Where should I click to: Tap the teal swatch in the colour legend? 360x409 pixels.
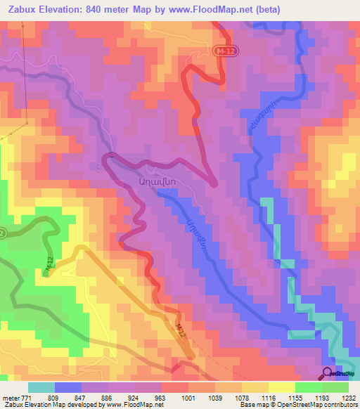(x=41, y=387)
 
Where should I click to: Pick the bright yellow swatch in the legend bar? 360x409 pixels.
(x=281, y=387)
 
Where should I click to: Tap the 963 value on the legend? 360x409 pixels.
(x=160, y=397)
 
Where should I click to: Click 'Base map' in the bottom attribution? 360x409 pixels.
(x=251, y=405)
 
